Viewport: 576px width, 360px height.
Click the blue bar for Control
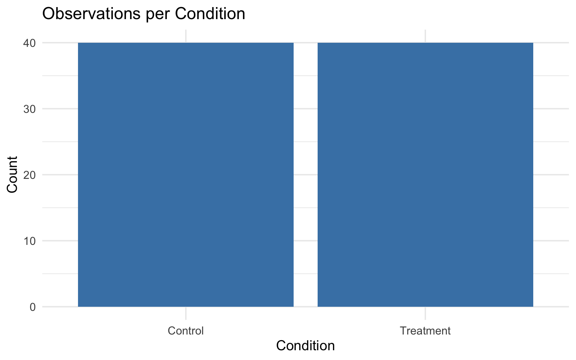coord(186,174)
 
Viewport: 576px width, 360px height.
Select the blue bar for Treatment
coord(425,174)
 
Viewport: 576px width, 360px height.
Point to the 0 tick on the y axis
coord(33,307)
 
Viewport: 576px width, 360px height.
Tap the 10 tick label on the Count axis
coord(30,241)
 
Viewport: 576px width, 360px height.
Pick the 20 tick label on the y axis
coord(30,175)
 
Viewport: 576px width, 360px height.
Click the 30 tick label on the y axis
coord(30,109)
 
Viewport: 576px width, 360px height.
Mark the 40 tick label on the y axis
coord(30,43)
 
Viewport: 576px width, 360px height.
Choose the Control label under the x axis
coord(186,331)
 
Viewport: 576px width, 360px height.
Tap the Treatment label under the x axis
coord(425,331)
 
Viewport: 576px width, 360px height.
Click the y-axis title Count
coord(13,174)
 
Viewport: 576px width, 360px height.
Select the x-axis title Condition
coord(305,346)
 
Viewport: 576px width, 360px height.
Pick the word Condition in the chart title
coord(210,14)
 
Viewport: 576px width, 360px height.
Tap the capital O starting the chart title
coord(48,14)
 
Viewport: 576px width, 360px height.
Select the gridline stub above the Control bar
coord(186,36)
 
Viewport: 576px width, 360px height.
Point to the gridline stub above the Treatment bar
coord(425,36)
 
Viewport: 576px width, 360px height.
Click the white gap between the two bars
coord(305,174)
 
